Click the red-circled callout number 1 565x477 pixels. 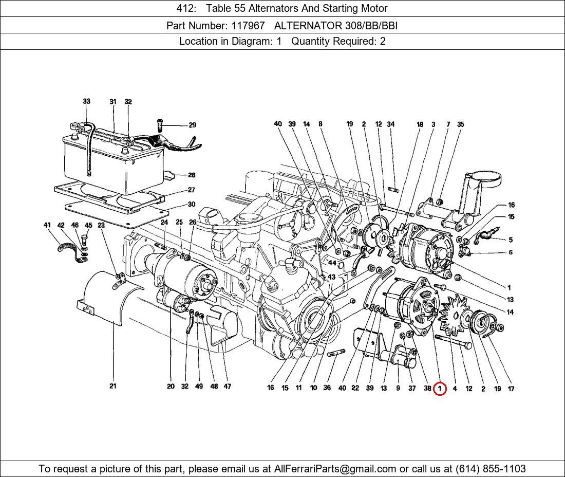440,389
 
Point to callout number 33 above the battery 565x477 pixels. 86,101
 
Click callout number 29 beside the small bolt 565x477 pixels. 192,125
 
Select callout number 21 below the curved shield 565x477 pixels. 112,386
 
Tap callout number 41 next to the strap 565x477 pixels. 47,225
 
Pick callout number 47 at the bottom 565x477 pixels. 227,387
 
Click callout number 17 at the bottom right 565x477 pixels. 511,389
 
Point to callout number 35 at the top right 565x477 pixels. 460,124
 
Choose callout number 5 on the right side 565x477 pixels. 511,240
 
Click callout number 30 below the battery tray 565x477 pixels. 191,204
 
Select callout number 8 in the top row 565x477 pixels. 321,124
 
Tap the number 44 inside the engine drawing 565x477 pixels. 332,263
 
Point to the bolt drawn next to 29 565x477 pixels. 160,125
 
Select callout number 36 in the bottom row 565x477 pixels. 327,388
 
